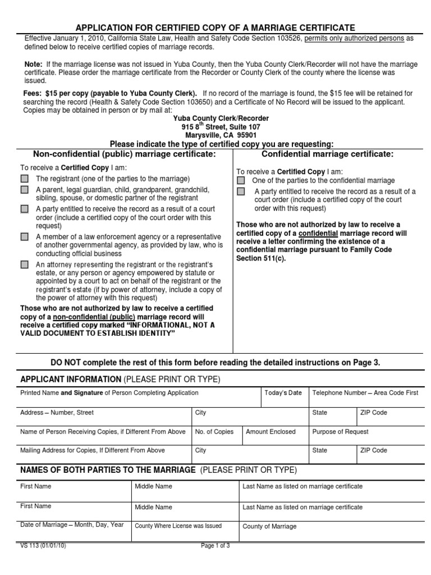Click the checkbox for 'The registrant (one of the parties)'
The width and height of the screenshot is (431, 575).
click(24, 179)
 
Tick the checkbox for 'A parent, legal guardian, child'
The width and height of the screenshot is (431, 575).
click(24, 190)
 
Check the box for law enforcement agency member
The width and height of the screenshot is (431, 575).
click(24, 237)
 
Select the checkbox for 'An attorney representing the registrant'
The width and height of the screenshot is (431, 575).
click(24, 264)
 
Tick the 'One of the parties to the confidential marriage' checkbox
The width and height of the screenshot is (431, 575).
click(241, 181)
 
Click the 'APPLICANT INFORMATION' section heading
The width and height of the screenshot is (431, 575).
click(71, 379)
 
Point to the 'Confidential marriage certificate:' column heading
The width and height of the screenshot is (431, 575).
click(328, 154)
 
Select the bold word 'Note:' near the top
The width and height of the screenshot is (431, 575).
click(33, 65)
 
